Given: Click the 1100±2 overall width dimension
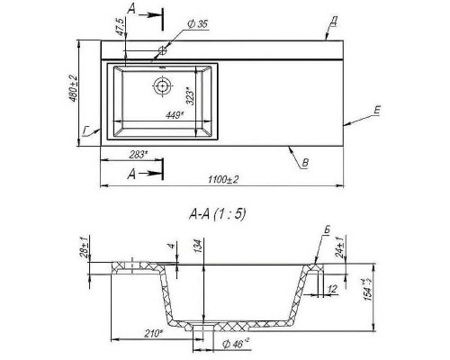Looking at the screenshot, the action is [223, 180].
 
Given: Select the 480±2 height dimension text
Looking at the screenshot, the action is [74, 88].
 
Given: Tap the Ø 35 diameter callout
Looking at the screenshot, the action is [198, 24].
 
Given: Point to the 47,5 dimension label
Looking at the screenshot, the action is [121, 27].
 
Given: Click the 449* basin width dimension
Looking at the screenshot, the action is [175, 115].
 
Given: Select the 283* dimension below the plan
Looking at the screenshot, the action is [138, 155].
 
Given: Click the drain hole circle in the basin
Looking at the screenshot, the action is [162, 86].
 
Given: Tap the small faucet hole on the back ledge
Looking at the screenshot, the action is [162, 50].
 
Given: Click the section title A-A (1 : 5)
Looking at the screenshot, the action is [217, 214].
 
